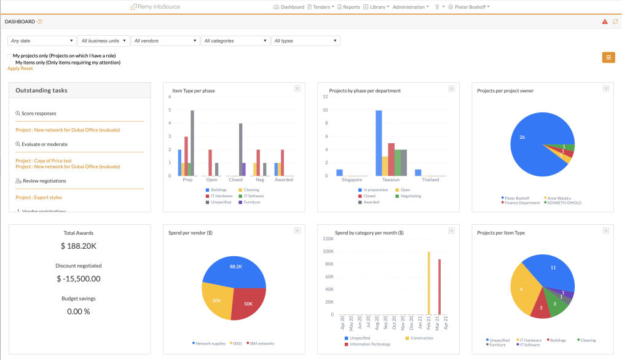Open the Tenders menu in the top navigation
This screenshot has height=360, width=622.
pos(320,7)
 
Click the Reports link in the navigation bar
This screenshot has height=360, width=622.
pos(348,7)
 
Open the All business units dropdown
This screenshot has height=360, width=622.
pos(103,41)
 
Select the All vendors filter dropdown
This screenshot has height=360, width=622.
pos(165,41)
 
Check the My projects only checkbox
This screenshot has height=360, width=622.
pos(10,56)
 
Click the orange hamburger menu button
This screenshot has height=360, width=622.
pos(608,57)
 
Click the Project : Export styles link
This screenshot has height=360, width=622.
pos(39,197)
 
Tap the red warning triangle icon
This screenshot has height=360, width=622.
pos(605,22)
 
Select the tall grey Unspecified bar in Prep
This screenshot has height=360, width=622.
pos(192,143)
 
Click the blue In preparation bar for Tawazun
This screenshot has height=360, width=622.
pos(379,143)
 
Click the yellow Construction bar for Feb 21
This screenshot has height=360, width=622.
pos(428,283)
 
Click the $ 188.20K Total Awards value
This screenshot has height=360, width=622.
pos(79,246)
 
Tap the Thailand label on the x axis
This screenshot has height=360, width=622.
pos(430,179)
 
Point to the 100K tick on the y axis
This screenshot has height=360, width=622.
pos(328,251)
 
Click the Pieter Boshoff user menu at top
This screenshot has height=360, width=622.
pos(470,7)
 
